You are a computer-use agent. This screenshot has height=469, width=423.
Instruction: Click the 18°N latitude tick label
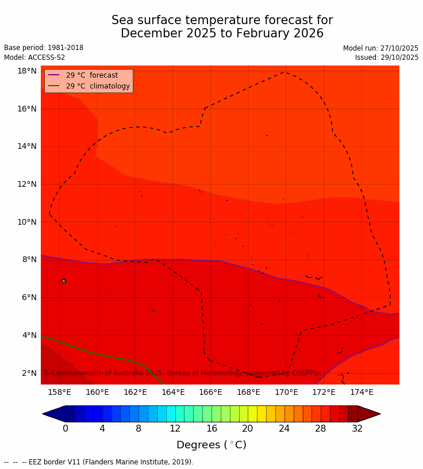pyautogui.click(x=27, y=71)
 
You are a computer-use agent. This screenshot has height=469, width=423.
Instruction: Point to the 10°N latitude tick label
pyautogui.click(x=27, y=222)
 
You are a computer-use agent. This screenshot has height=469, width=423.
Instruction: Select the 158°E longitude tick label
pyautogui.click(x=59, y=393)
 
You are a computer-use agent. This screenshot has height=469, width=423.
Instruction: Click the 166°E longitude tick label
pyautogui.click(x=210, y=393)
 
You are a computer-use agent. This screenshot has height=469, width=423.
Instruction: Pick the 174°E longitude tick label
pyautogui.click(x=362, y=393)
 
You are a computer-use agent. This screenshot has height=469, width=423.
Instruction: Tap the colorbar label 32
pyautogui.click(x=357, y=428)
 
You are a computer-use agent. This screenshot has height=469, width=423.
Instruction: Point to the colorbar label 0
pyautogui.click(x=66, y=428)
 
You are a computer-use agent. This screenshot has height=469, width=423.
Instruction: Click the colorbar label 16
pyautogui.click(x=211, y=428)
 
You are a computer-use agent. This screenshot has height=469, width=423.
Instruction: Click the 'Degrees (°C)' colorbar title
pyautogui.click(x=211, y=445)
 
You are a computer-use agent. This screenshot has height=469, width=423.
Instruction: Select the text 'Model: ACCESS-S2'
pyautogui.click(x=34, y=57)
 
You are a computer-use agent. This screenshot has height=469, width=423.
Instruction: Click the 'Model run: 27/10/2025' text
pyautogui.click(x=380, y=48)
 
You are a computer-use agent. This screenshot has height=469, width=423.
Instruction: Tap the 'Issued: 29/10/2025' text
pyautogui.click(x=387, y=57)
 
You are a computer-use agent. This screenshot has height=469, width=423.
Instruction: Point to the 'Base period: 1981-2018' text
pyautogui.click(x=44, y=48)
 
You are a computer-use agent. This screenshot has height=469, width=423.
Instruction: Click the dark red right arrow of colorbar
pyautogui.click(x=369, y=414)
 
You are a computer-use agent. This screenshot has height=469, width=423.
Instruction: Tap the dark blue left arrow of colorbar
pyautogui.click(x=54, y=414)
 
